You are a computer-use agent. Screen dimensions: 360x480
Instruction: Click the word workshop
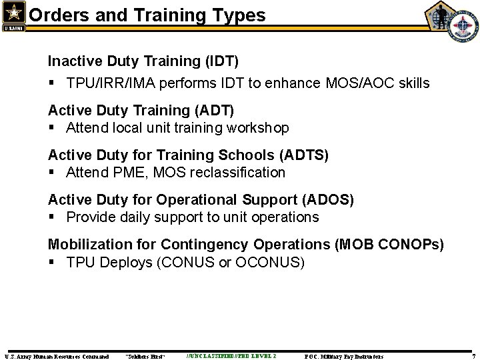(x=258, y=127)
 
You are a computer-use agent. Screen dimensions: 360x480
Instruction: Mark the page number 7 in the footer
(x=473, y=356)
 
